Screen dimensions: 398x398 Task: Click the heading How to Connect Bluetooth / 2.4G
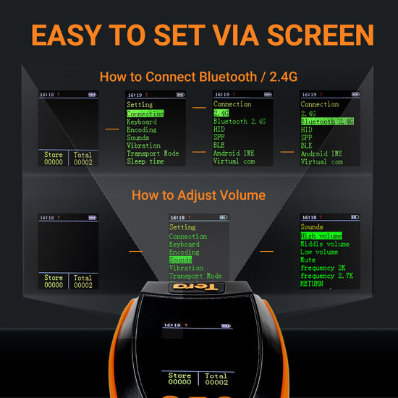(198, 76)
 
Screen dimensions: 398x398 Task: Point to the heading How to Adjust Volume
(198, 195)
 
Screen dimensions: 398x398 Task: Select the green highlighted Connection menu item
(145, 114)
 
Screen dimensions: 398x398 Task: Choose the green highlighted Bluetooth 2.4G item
(327, 122)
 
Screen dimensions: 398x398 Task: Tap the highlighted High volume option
(321, 236)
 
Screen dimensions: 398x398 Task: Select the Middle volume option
(324, 244)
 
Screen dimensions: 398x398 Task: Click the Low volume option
(319, 252)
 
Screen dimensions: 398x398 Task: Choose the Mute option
(308, 260)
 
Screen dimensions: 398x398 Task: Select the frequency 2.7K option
(326, 276)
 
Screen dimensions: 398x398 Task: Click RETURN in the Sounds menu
(312, 284)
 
